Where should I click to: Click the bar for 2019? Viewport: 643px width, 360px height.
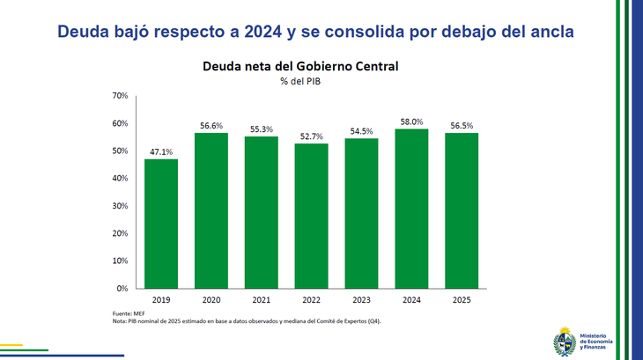pos(161,224)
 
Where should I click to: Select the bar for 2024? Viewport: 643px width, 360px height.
pos(411,209)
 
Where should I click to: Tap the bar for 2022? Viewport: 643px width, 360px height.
pos(311,216)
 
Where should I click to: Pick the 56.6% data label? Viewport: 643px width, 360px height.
pos(211,126)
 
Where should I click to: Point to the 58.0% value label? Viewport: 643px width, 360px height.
pos(411,122)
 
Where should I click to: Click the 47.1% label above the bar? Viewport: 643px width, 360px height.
pos(161,152)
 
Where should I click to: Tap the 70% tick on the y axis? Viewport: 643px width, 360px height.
pos(120,96)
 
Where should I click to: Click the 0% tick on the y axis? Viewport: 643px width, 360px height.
pos(122,289)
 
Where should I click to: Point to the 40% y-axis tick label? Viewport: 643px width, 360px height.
pos(120,179)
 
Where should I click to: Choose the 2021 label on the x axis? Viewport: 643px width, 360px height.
pos(261,299)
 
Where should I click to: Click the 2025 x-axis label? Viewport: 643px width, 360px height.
pos(462,299)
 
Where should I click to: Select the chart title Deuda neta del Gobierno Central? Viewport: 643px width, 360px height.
pos(301,66)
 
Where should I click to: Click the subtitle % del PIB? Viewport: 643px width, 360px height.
pos(301,81)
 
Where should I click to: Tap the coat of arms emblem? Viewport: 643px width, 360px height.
pos(565,341)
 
